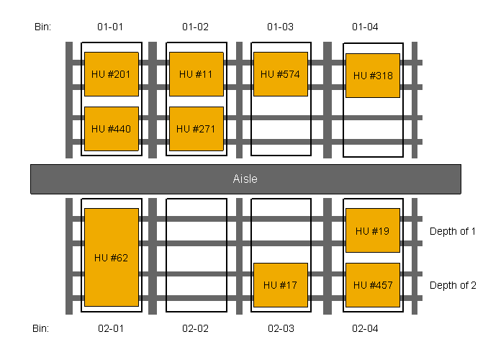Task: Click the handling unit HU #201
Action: (111, 74)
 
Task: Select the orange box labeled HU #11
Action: (196, 74)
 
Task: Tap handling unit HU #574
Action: (280, 74)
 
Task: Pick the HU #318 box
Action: (372, 76)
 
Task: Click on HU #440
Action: (111, 129)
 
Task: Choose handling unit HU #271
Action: (196, 129)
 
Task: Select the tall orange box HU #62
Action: (111, 258)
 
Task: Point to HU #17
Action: (280, 285)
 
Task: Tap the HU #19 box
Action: (372, 231)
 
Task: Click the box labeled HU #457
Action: (372, 285)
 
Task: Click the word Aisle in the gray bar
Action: (245, 179)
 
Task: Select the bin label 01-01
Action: (110, 27)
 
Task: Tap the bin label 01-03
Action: (280, 27)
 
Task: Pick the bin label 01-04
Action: (365, 27)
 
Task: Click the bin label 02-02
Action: (195, 328)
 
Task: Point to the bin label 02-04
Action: (365, 328)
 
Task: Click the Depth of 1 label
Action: (453, 231)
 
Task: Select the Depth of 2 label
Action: (453, 285)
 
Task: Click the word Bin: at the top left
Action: (43, 27)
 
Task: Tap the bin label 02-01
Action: (110, 328)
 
